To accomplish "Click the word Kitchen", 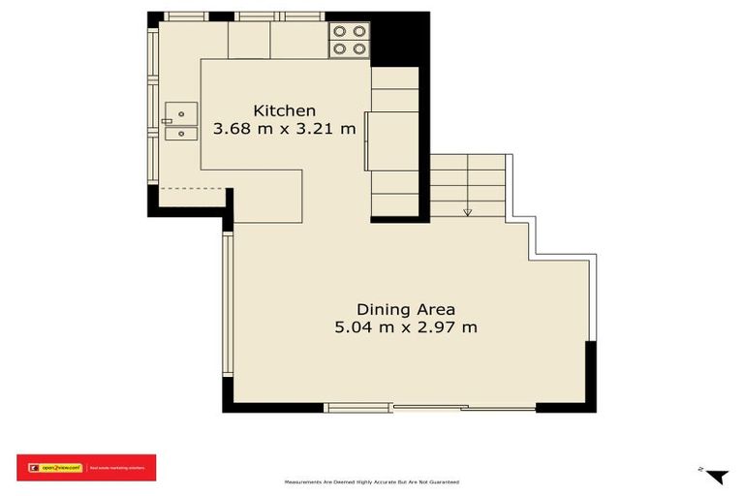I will click(x=284, y=110).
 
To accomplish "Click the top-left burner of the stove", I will click(x=340, y=30).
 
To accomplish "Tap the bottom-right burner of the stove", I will click(x=359, y=46).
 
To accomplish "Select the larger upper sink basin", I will click(x=180, y=110).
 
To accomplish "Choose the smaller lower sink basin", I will click(x=180, y=134).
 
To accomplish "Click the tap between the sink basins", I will click(x=167, y=121).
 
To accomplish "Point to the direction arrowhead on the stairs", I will click(x=468, y=212).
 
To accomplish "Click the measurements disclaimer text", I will click(x=371, y=481).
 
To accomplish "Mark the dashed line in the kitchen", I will click(x=190, y=188).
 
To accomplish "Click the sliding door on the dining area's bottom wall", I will click(x=430, y=408).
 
